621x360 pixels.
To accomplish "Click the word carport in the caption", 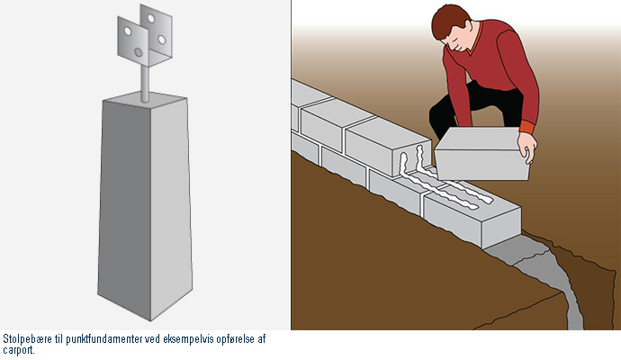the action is pos(18,350).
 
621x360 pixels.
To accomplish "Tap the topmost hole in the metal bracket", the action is pos(150,19).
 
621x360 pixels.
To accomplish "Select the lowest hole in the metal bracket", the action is pos(139,52).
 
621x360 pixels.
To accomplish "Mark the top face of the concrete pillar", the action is pos(145,99).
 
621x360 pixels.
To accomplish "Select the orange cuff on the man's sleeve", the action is pos(527,127).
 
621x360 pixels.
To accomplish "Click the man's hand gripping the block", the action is pos(527,148).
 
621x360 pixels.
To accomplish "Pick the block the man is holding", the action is pos(481,154).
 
